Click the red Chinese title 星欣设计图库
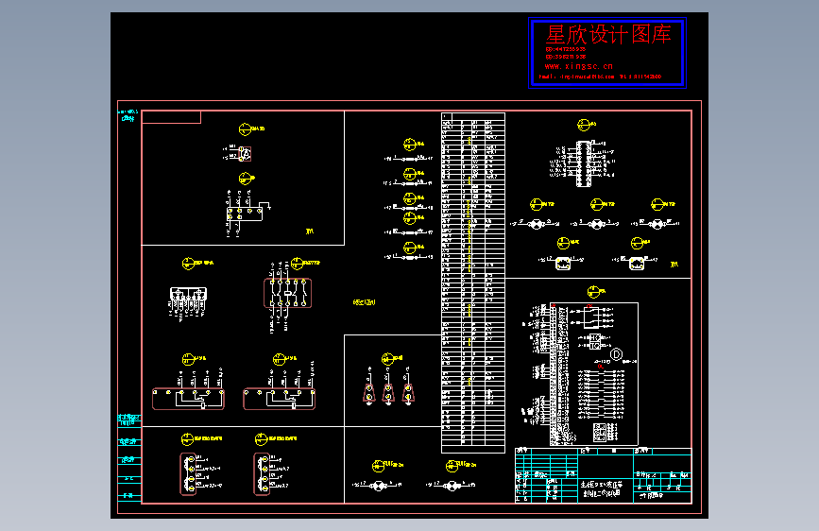coord(608,35)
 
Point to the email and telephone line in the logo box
coord(604,77)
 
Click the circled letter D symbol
coord(615,354)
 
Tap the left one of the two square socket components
coord(564,264)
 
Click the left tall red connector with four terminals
coord(189,472)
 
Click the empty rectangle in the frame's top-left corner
coord(171,117)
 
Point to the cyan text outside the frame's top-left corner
coord(127,115)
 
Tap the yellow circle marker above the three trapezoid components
coord(386,359)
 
